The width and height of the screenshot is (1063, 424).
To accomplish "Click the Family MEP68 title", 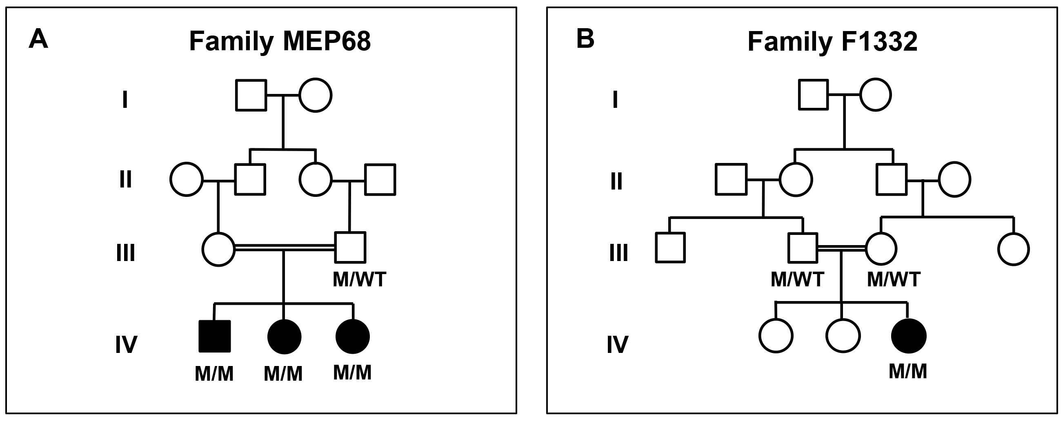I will click(x=280, y=41).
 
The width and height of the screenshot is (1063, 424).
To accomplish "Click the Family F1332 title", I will click(x=832, y=41).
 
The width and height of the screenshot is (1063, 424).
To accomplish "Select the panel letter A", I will click(x=38, y=40).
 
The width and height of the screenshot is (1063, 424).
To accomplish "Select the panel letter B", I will click(x=585, y=39).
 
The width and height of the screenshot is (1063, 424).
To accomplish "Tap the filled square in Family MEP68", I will click(x=215, y=336).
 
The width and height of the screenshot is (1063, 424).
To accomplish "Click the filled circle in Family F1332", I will click(x=909, y=336).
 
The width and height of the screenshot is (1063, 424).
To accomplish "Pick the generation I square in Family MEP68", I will click(x=251, y=95).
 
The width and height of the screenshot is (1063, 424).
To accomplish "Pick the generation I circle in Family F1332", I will click(x=875, y=95).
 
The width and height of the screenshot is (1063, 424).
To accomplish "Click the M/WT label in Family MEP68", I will click(x=359, y=279).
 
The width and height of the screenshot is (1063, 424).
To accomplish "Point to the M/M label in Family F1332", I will click(x=907, y=371).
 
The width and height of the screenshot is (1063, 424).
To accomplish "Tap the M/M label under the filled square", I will click(x=214, y=374).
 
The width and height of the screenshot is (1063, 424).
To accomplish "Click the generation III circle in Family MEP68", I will click(x=219, y=249).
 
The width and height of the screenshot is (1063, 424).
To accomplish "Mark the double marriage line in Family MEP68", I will click(x=285, y=248).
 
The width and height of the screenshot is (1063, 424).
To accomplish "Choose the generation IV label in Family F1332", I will click(x=617, y=344).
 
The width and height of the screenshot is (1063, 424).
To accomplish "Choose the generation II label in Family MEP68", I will click(x=125, y=180).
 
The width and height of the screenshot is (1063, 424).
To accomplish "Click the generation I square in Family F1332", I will click(x=813, y=95).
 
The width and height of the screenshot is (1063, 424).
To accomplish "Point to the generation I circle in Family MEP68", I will click(x=315, y=95).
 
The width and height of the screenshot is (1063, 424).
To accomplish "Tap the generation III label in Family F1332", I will click(x=618, y=253).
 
